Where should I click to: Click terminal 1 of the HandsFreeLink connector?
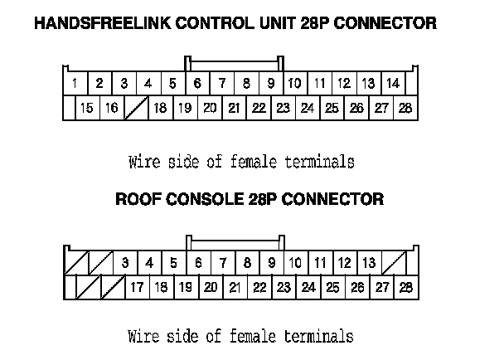pyautogui.click(x=75, y=83)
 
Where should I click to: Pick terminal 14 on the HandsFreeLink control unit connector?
pyautogui.click(x=393, y=83)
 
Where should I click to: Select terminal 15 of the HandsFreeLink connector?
pyautogui.click(x=86, y=108)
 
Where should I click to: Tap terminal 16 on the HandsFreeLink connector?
pyautogui.click(x=111, y=108)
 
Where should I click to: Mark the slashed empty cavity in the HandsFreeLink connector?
pyautogui.click(x=135, y=108)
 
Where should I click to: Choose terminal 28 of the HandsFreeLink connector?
pyautogui.click(x=405, y=108)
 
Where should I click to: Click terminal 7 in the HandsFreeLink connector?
pyautogui.click(x=222, y=83)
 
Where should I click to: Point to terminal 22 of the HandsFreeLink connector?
pyautogui.click(x=259, y=108)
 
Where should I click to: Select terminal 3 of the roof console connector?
pyautogui.click(x=124, y=263)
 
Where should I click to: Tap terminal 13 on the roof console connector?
pyautogui.click(x=369, y=263)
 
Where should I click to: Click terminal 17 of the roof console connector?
pyautogui.click(x=137, y=288)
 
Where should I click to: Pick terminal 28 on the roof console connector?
pyautogui.click(x=405, y=288)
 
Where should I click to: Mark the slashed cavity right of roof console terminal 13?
pyautogui.click(x=394, y=263)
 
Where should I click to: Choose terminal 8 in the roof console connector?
pyautogui.click(x=247, y=263)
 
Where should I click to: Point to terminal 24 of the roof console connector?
pyautogui.click(x=308, y=288)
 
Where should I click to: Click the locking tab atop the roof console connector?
pyautogui.click(x=235, y=241)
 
